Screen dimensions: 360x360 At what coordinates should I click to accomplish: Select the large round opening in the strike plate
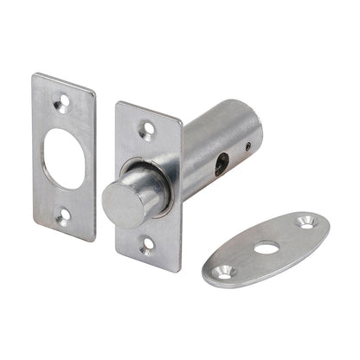(x=63, y=159)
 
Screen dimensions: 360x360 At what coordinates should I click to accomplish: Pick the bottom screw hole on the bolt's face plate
(x=146, y=249)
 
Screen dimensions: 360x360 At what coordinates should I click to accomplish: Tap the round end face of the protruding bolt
(x=119, y=204)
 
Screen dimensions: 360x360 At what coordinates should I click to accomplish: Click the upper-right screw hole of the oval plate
(x=305, y=222)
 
